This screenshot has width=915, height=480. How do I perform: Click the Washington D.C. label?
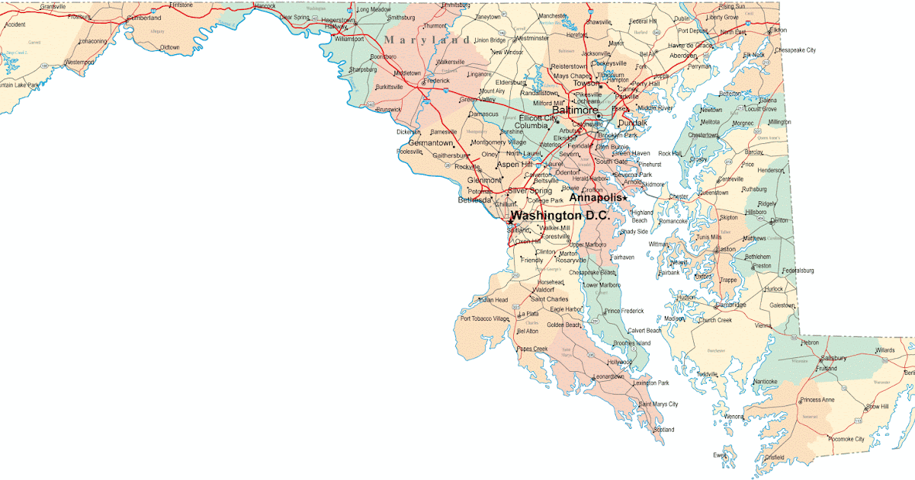[560, 216]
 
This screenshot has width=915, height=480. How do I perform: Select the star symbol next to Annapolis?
[625, 198]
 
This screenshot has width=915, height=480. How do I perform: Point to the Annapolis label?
[596, 198]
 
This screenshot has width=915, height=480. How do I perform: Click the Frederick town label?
[438, 80]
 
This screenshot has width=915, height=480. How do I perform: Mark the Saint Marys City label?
[658, 404]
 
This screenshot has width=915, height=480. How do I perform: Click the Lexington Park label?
[651, 382]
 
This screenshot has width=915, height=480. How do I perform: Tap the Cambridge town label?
[731, 305]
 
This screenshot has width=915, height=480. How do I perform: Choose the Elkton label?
[778, 30]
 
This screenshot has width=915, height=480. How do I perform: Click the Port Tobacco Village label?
[484, 318]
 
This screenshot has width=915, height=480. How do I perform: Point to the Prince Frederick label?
[624, 311]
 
